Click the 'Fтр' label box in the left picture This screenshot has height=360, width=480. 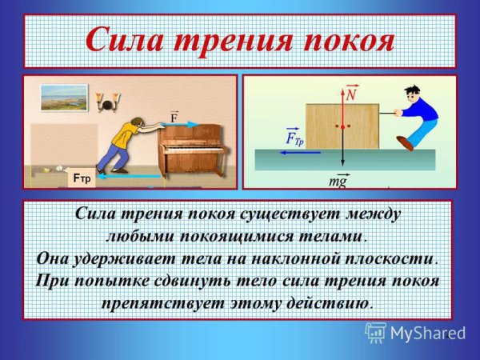click(82, 178)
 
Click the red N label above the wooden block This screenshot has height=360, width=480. click(350, 94)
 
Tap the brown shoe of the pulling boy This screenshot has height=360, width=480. click(404, 143)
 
